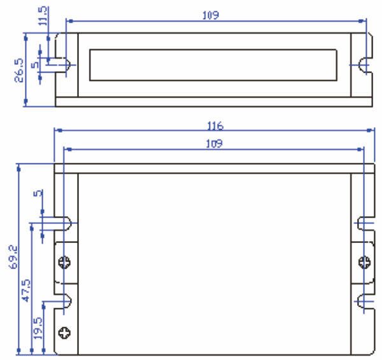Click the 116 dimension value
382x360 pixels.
(215, 125)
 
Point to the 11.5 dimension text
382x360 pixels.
(42, 15)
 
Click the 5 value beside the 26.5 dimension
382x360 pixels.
(36, 64)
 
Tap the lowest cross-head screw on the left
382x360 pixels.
(65, 331)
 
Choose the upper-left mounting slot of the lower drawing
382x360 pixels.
(66, 223)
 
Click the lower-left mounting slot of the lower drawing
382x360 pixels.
(66, 299)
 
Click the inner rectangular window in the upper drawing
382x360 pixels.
(215, 64)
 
